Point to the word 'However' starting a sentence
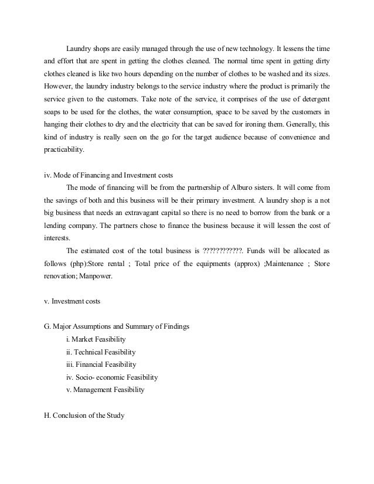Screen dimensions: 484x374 [59, 87]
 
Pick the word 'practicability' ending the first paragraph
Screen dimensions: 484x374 [64, 150]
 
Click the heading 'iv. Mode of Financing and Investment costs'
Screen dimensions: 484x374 [108, 175]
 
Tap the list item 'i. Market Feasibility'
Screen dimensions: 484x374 [96, 339]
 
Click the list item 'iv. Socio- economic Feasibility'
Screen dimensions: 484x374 [112, 377]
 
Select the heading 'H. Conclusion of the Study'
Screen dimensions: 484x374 [84, 415]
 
